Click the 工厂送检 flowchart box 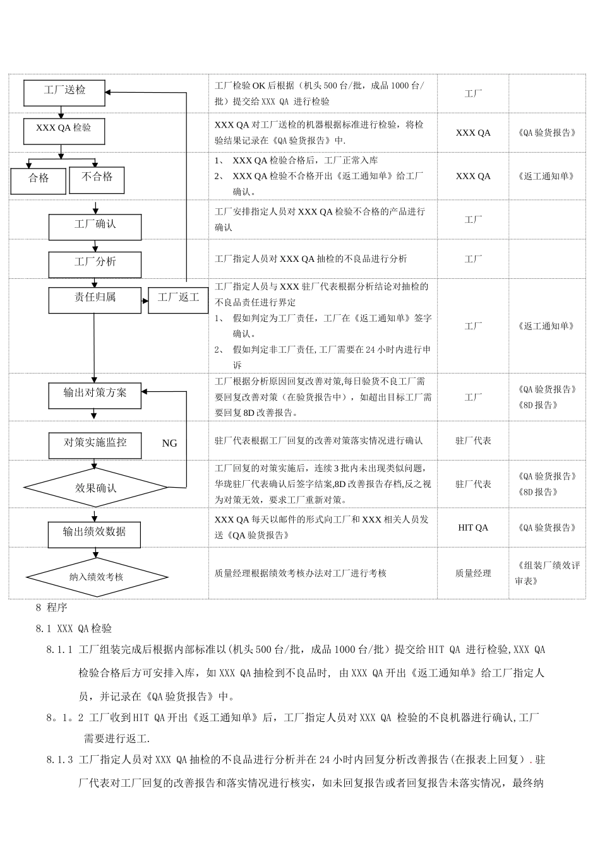64,91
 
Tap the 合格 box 39,180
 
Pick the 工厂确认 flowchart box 95,226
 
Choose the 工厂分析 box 95,264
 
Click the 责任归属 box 95,299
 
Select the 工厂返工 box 178,299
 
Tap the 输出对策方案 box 95,395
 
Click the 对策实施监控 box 95,444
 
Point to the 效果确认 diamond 96,488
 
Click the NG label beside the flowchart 169,444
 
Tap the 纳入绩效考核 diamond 96,577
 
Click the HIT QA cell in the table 473,527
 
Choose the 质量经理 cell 473,573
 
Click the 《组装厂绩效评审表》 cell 546,573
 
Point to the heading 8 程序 51,608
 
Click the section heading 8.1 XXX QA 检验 74,628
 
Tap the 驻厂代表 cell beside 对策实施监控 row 473,440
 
